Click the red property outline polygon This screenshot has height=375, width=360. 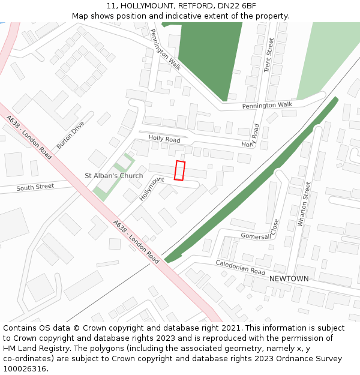click(179, 170)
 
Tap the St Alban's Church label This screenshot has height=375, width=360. click(114, 176)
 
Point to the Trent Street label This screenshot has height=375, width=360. click(269, 55)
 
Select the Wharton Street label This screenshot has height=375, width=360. click(304, 205)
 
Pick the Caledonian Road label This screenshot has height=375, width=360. click(240, 268)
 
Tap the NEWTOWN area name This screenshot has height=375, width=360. click(289, 279)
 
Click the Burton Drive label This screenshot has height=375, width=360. click(70, 134)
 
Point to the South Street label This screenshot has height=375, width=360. click(35, 188)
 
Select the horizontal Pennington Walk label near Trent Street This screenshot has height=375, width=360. click(267, 105)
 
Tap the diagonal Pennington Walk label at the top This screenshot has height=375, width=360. click(165, 50)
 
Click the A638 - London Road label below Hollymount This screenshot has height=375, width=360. click(136, 242)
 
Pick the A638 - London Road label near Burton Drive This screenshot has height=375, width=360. click(28, 137)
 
